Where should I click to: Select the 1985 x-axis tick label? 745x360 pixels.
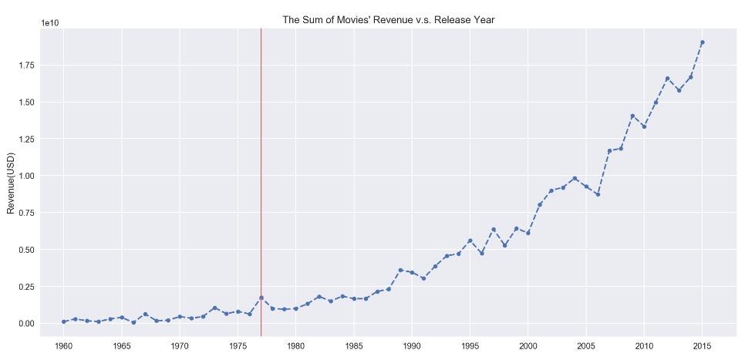point(354,347)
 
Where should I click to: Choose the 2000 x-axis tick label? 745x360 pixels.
point(528,347)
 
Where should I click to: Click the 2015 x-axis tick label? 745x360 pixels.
point(702,347)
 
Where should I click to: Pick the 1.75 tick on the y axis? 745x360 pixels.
point(27,66)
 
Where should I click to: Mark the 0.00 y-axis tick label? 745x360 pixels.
point(27,323)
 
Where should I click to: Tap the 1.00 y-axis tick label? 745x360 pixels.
point(27,176)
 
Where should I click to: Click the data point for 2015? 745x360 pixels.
point(702,42)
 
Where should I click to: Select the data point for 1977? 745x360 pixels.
point(261,298)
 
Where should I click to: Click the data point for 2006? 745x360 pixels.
point(598,194)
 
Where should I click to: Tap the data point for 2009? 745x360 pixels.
point(632,116)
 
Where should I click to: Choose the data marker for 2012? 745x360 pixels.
point(667,79)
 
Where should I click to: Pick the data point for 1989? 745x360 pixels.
point(400,271)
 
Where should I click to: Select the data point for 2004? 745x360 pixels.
point(575,178)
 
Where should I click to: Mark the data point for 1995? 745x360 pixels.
point(470,241)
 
